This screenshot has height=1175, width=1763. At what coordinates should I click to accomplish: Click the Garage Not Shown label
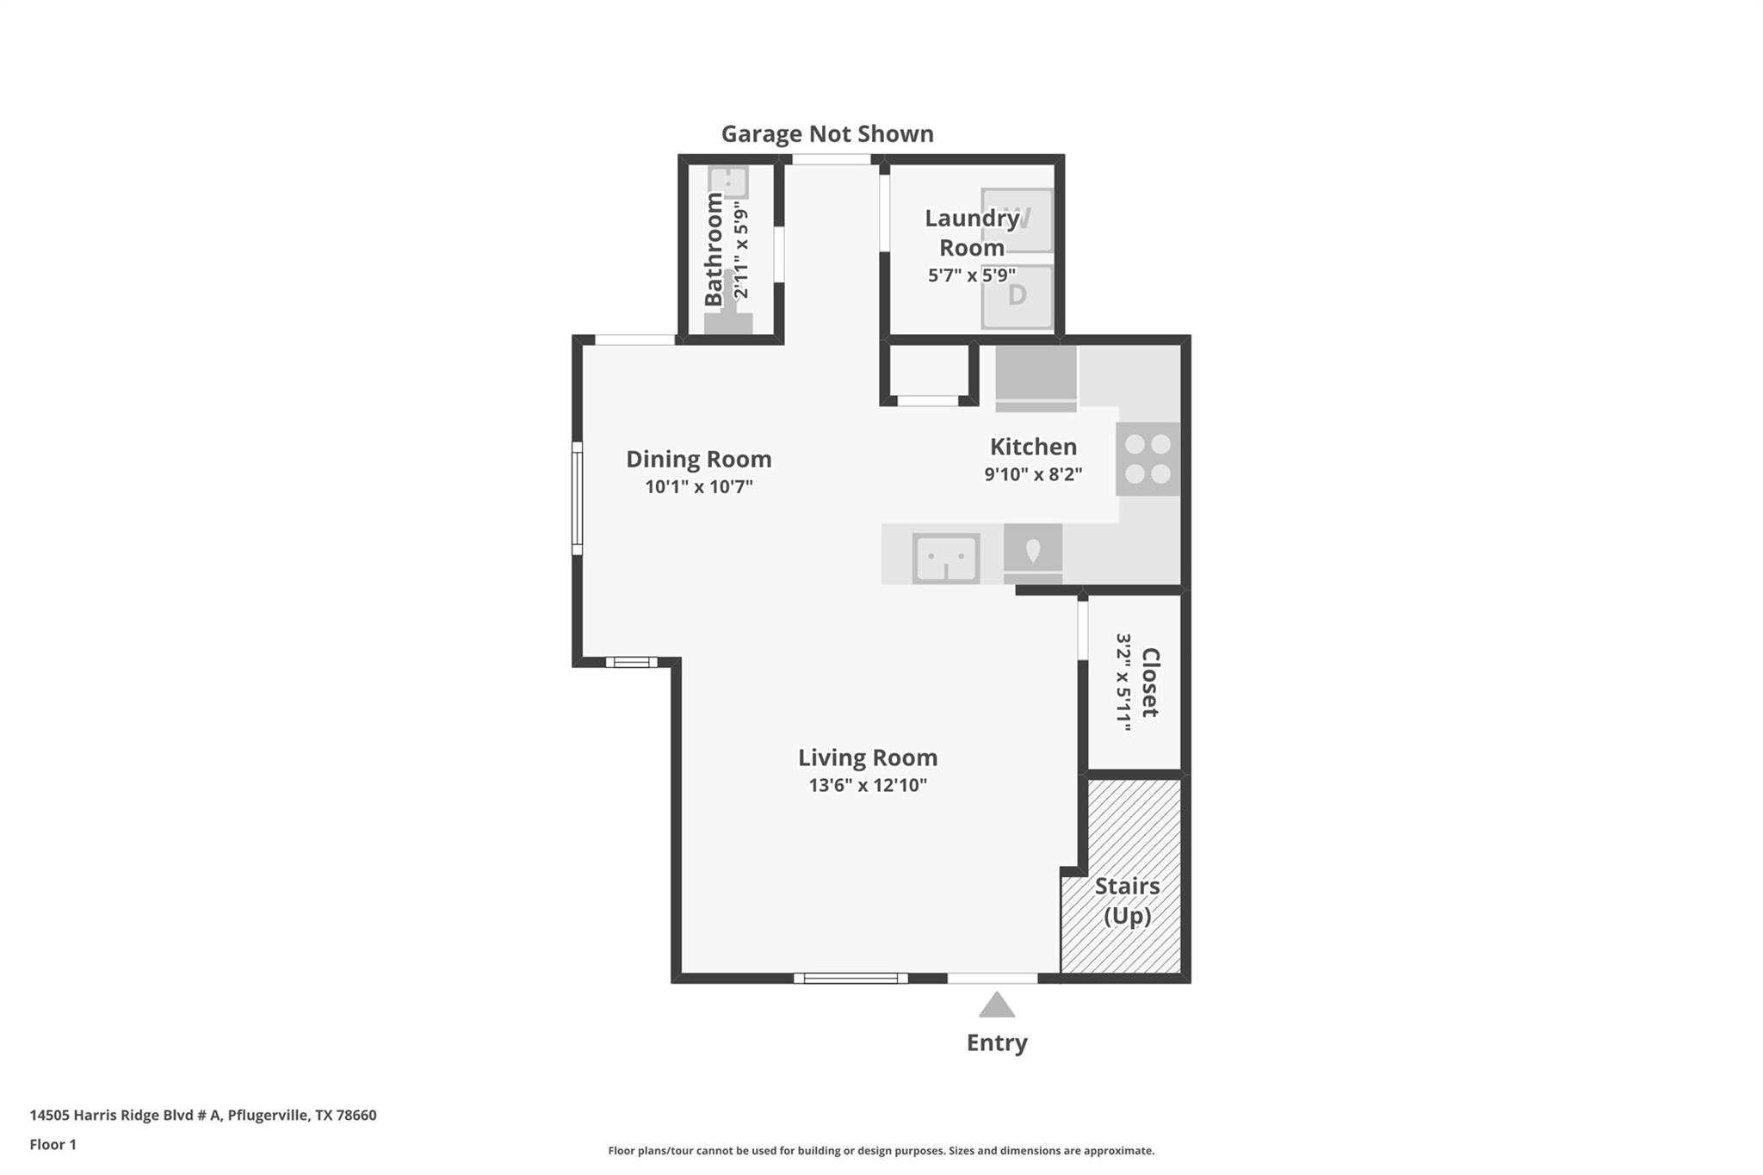826,134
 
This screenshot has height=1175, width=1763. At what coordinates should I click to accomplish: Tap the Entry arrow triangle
996,1006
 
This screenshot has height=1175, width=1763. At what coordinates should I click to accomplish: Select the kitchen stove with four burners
1147,459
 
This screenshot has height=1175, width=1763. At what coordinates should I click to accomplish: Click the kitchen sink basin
945,559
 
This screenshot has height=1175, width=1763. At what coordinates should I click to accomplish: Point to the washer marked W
1017,220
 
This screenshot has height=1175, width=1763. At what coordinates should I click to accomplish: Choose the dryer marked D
1017,296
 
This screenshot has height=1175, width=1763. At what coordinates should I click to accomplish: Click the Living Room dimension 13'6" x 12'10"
867,785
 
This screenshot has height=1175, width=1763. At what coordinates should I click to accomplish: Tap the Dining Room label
698,460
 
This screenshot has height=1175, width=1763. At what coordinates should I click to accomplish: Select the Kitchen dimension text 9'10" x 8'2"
1033,474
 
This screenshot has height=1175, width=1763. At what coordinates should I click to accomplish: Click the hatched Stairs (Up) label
1127,900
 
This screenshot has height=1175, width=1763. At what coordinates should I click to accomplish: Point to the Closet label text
1150,683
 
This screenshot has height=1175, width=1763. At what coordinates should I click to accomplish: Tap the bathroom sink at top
728,182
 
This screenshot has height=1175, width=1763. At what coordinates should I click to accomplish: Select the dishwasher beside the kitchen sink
1032,553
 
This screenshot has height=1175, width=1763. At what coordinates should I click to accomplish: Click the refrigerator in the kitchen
1036,377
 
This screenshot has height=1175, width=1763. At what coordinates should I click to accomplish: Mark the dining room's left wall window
578,498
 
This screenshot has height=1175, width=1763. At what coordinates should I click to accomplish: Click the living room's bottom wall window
850,978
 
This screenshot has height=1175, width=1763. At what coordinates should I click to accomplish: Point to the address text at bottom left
203,1116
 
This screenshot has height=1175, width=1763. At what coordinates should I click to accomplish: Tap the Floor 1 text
53,1145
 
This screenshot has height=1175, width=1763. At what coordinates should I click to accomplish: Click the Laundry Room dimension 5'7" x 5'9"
971,275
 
